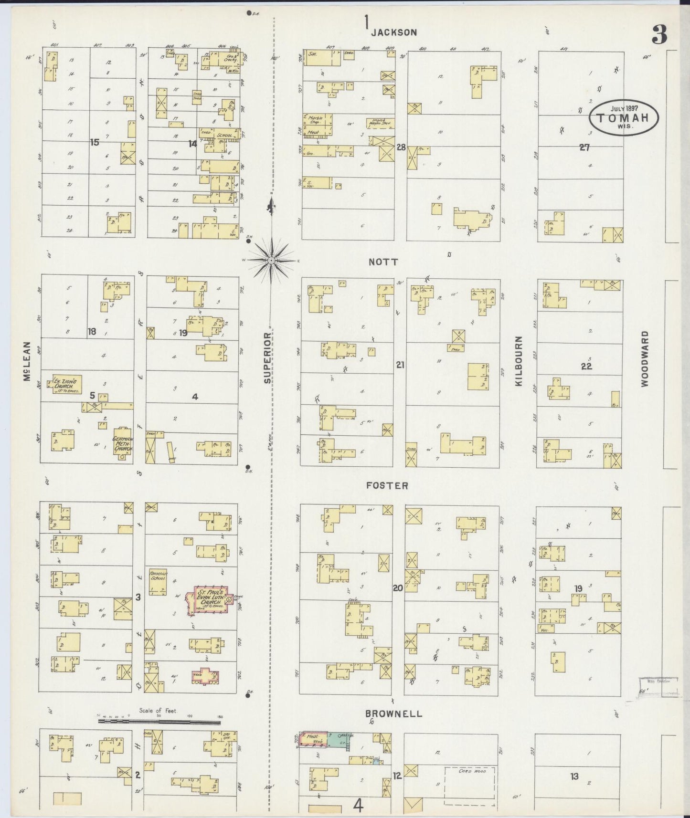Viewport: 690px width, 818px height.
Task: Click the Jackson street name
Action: coord(394,32)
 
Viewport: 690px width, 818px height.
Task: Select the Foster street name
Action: coord(387,485)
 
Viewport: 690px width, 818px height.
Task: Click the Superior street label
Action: coord(267,358)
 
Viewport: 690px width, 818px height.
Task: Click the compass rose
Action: coord(271,260)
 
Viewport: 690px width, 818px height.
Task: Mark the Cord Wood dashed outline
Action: coord(469,785)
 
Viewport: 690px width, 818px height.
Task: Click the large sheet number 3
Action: coord(659,35)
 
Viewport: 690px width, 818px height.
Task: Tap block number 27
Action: coord(584,148)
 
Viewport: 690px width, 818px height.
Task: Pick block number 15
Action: coord(95,142)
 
